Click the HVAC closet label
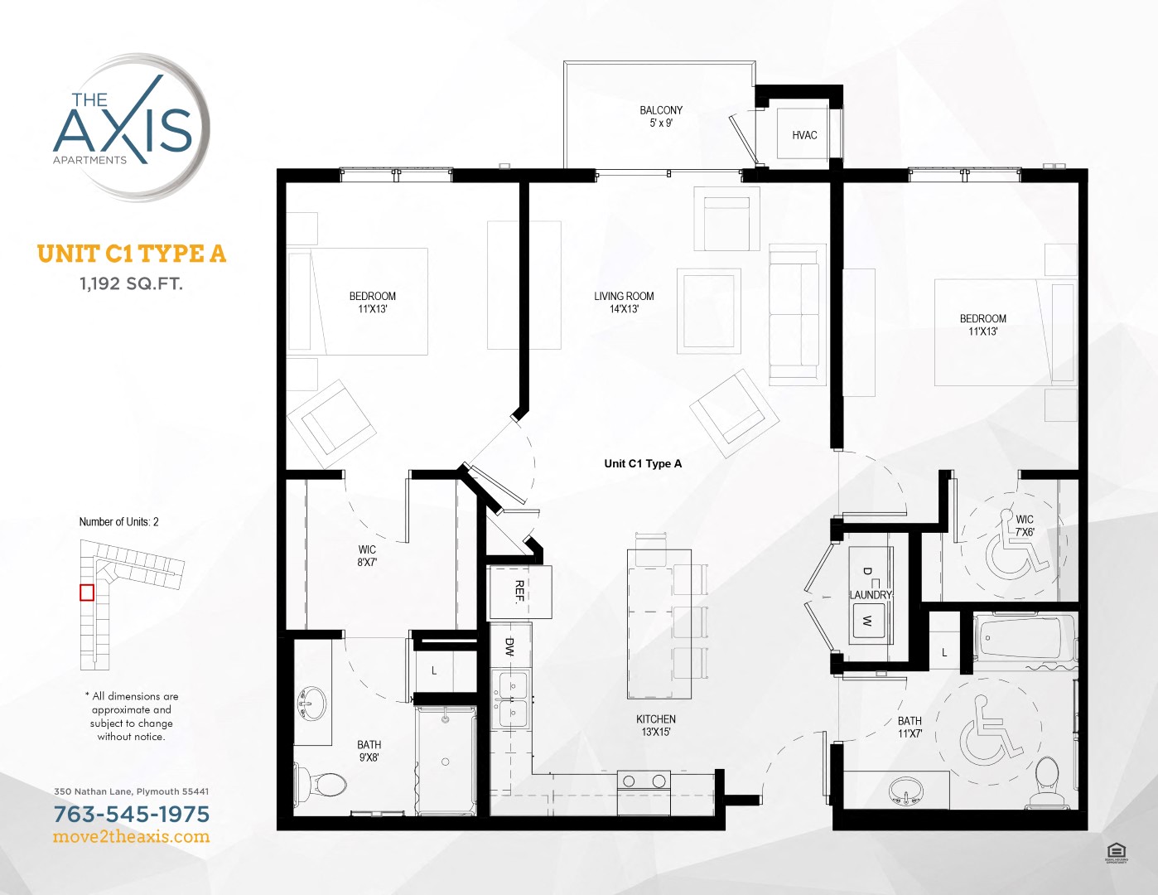pyautogui.click(x=803, y=135)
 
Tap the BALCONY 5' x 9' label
pyautogui.click(x=661, y=117)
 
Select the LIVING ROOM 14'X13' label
pyautogui.click(x=624, y=302)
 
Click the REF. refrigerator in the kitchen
pyautogui.click(x=520, y=592)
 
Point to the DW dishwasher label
pyautogui.click(x=509, y=647)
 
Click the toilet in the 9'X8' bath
pyautogui.click(x=322, y=782)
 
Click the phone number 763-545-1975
pyautogui.click(x=132, y=814)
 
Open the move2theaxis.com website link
pyautogui.click(x=132, y=837)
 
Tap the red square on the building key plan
pyautogui.click(x=87, y=593)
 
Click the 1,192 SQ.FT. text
pyautogui.click(x=131, y=283)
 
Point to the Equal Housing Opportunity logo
pyautogui.click(x=1116, y=852)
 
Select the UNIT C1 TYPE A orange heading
pyautogui.click(x=131, y=254)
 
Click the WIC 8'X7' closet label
pyautogui.click(x=367, y=555)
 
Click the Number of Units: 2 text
pyautogui.click(x=118, y=522)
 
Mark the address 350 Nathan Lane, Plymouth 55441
pyautogui.click(x=131, y=791)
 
